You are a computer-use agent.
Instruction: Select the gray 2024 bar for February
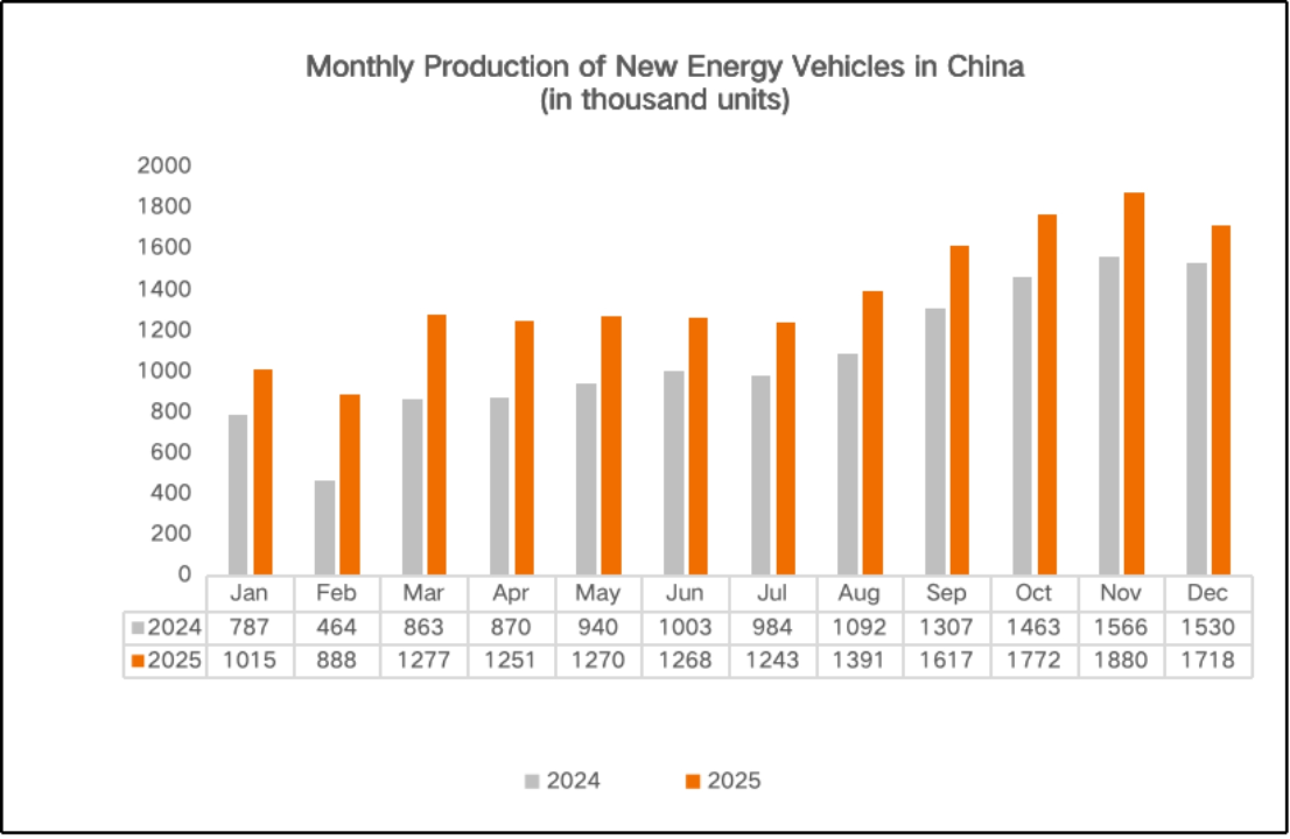pyautogui.click(x=325, y=527)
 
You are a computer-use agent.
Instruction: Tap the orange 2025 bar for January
pyautogui.click(x=263, y=472)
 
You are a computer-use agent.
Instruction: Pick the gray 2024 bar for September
pyautogui.click(x=935, y=441)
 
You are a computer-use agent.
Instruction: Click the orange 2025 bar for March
pyautogui.click(x=437, y=445)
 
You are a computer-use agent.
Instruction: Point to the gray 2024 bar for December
pyautogui.click(x=1197, y=418)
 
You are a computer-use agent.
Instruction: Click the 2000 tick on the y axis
pyautogui.click(x=164, y=165)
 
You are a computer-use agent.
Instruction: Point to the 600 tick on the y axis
pyautogui.click(x=170, y=452)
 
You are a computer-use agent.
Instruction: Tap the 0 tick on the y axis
pyautogui.click(x=184, y=574)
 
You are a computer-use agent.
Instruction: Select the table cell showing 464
pyautogui.click(x=336, y=628)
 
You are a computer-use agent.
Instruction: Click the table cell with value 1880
pyautogui.click(x=1121, y=660)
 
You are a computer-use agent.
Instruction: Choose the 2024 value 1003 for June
pyautogui.click(x=685, y=628)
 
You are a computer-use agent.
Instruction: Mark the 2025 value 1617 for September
pyautogui.click(x=947, y=660)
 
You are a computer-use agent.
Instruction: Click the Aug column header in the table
pyautogui.click(x=859, y=593)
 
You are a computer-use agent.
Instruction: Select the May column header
pyautogui.click(x=598, y=593)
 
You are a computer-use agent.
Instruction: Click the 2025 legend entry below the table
pyautogui.click(x=723, y=781)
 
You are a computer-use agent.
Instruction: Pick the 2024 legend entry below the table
pyautogui.click(x=563, y=781)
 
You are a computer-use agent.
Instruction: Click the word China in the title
pyautogui.click(x=985, y=66)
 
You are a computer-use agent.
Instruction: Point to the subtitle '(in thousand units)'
pyautogui.click(x=665, y=100)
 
